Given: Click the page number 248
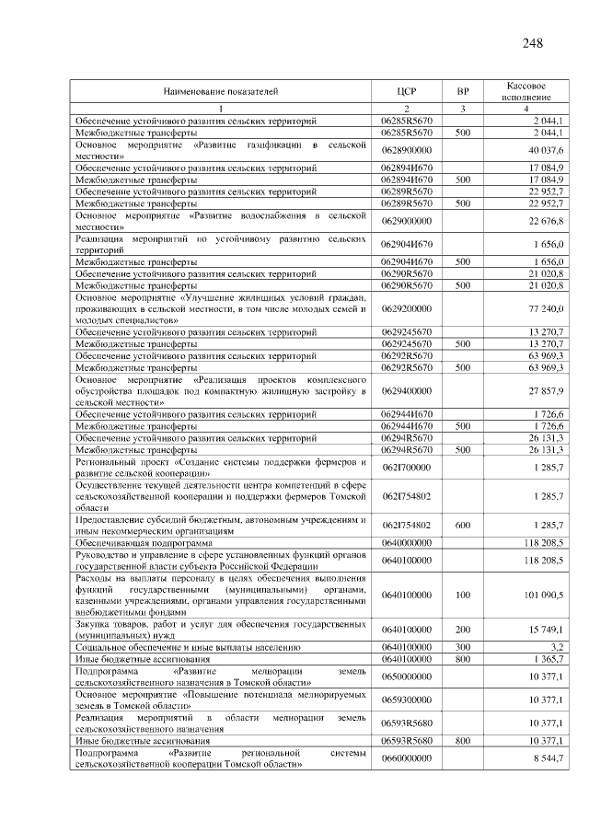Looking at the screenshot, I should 531,43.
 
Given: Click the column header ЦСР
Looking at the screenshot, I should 407,91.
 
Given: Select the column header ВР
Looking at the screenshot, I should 462,91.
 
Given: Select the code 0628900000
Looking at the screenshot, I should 407,150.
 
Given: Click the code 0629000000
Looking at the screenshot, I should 407,221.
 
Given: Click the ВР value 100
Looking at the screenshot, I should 462,595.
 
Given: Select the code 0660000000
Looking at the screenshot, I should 407,758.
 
